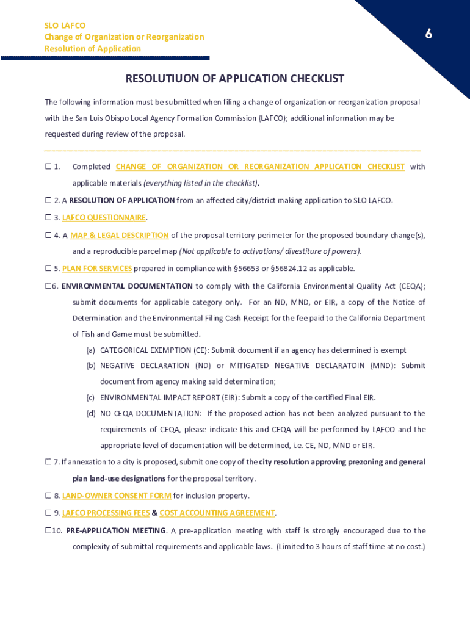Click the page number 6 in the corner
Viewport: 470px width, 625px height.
(428, 35)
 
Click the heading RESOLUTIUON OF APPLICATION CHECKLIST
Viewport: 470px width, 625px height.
(234, 79)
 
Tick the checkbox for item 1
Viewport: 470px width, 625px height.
(48, 167)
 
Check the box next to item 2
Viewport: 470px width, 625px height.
(48, 200)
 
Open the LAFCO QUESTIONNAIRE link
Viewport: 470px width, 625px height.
(104, 217)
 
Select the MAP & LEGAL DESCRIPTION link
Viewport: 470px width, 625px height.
(119, 235)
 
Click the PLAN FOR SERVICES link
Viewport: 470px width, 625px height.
(96, 268)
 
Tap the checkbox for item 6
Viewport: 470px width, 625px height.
(48, 286)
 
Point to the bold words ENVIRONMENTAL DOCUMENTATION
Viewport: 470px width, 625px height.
(127, 286)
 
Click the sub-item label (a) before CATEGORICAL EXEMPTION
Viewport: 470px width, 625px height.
(90, 350)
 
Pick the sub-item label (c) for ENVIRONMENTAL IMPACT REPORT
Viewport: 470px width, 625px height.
(90, 397)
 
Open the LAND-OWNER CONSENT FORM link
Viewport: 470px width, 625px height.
(116, 496)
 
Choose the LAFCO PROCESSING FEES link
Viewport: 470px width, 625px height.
(105, 513)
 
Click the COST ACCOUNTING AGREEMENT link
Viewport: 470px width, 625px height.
(217, 513)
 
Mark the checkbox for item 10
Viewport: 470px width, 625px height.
(48, 530)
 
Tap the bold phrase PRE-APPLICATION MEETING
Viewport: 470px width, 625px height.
(116, 530)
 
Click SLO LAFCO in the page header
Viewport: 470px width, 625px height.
(65, 26)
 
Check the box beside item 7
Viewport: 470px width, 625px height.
(48, 461)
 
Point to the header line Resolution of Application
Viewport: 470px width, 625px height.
(92, 49)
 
